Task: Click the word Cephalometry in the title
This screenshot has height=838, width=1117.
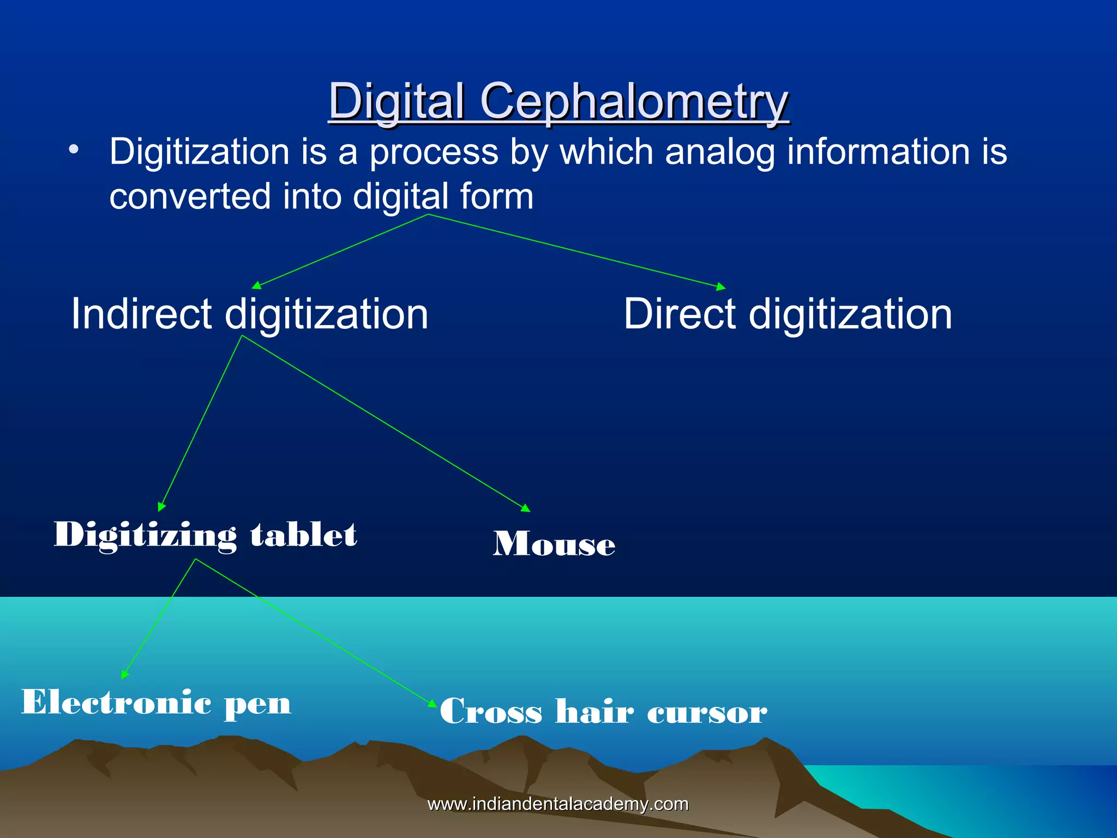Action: tap(634, 101)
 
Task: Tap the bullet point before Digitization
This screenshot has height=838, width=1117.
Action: tap(74, 149)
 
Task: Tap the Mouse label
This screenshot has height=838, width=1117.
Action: tap(554, 544)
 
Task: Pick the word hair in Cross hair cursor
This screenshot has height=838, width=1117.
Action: tap(594, 711)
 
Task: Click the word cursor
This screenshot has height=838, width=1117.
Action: tap(707, 713)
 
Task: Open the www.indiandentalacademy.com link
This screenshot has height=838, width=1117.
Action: tap(557, 804)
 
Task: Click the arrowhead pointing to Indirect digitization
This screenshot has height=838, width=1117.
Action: tap(256, 285)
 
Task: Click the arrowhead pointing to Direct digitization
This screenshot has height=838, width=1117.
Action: tap(721, 287)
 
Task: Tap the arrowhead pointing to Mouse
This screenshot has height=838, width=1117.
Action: tap(526, 508)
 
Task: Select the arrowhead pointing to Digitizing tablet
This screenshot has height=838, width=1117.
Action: tap(161, 507)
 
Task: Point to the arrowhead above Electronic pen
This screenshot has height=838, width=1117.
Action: tap(124, 675)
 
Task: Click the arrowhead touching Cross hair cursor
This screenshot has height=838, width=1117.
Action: tap(433, 703)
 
